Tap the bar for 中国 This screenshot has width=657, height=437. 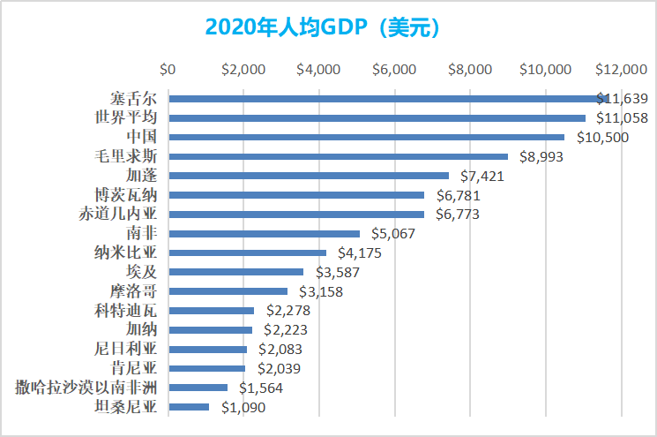(x=366, y=137)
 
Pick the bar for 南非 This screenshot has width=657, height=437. (x=265, y=234)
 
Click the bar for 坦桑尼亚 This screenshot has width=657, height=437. (x=189, y=407)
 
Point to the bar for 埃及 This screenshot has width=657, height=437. (x=235, y=272)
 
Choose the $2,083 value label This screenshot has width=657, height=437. (x=279, y=350)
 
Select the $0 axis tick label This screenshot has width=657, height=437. (x=168, y=69)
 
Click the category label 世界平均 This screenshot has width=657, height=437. (x=125, y=118)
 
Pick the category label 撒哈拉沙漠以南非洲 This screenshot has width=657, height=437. (x=86, y=388)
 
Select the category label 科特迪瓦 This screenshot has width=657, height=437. (x=125, y=311)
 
